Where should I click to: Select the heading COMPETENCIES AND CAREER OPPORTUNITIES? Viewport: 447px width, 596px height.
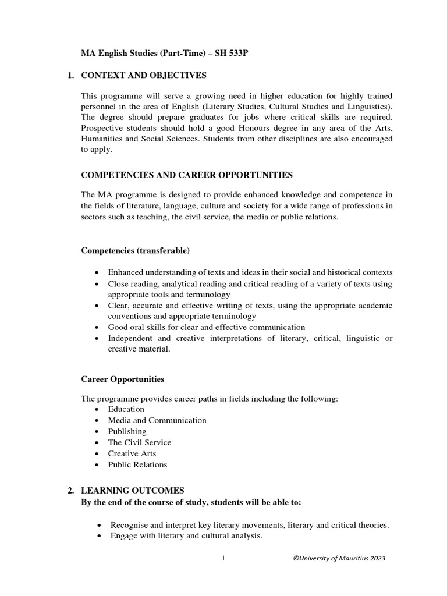pos(186,175)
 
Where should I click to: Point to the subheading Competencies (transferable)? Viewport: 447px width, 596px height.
pos(134,251)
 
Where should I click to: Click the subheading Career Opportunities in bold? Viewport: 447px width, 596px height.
pos(122,379)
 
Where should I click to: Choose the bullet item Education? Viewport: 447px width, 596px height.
pos(126,409)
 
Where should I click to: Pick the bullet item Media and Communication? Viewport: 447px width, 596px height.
pos(157,420)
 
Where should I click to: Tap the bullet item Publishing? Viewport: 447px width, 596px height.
pos(127,431)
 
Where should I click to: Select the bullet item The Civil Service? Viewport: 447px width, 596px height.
pos(140,442)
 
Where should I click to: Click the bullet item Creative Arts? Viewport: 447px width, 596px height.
pos(132,453)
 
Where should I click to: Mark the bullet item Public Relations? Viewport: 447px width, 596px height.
pos(137,464)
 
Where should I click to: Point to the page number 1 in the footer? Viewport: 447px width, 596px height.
pos(223,559)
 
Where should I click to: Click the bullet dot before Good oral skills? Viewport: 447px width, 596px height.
pos(95,328)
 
